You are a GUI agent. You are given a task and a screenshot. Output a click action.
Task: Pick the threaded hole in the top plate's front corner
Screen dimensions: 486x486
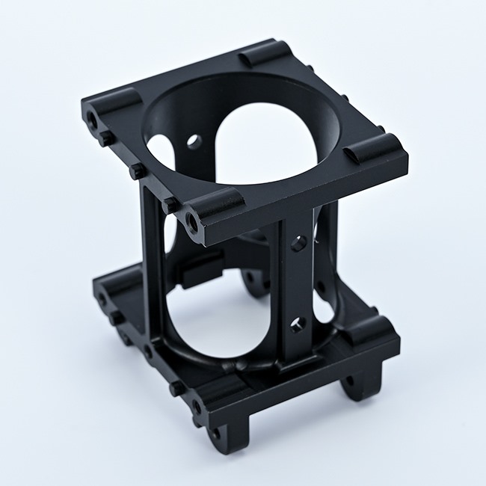pos(194,221)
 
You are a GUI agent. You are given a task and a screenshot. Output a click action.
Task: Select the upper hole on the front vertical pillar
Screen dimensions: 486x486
pos(298,242)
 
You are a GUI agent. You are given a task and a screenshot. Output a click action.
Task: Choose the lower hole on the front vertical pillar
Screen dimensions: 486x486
pos(298,323)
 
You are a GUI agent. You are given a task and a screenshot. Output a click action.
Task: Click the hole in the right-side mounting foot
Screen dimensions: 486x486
pos(348,382)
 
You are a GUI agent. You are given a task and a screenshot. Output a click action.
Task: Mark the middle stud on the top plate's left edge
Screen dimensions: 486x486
pos(137,171)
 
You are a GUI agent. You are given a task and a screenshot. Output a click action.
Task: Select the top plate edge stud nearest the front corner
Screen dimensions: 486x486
pos(171,203)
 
